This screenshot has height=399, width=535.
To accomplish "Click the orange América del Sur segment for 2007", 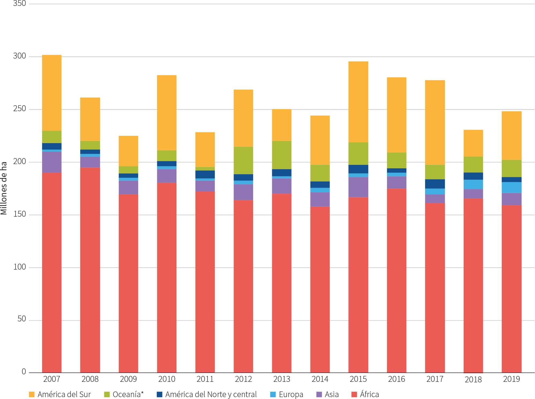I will [52, 93].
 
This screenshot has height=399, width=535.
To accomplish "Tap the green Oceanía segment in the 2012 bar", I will [243, 160].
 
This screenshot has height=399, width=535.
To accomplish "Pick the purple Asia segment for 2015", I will [358, 187].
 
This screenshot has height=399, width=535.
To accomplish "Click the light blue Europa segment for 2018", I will [473, 184].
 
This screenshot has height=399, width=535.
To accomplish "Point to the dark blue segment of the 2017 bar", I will [435, 184].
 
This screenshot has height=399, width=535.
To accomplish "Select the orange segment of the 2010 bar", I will [167, 113].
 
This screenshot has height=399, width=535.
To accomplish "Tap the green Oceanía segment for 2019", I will [511, 168].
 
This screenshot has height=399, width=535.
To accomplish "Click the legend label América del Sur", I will [64, 394].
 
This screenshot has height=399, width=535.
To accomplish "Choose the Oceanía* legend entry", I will [128, 394].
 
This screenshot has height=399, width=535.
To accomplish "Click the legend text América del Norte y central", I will [211, 394].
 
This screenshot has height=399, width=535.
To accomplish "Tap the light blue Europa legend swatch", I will [273, 394].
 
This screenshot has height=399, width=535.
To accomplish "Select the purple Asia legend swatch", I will [319, 394].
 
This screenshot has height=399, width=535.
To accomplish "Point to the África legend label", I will [369, 394].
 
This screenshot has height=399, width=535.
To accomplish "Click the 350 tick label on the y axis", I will [20, 3].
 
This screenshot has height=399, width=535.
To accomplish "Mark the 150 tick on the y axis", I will [20, 214].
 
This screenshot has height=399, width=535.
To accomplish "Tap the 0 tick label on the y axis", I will [24, 372].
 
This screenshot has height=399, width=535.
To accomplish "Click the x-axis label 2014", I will [320, 379].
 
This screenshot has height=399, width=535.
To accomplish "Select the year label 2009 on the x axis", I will [128, 379].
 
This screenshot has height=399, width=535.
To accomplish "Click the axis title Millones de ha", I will [4, 188].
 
